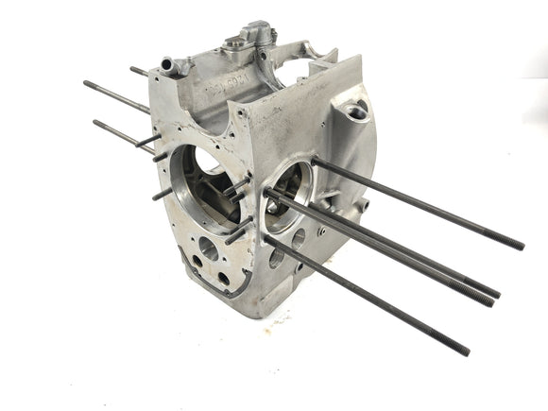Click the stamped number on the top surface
(219, 92)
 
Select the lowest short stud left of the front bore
(162, 195)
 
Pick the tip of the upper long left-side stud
(87, 83)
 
